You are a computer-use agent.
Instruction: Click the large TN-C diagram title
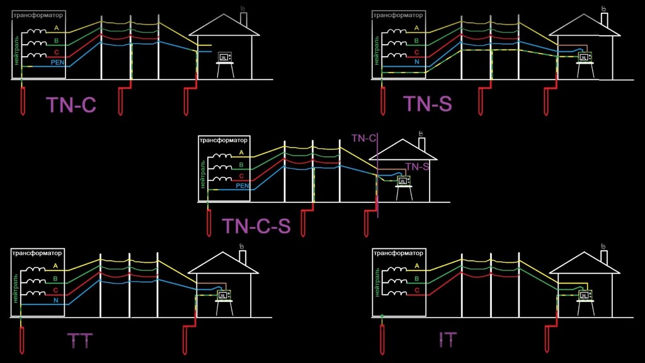71,104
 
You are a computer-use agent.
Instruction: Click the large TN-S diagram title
428,103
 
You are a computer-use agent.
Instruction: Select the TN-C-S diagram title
256,226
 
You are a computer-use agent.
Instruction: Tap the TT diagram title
80,341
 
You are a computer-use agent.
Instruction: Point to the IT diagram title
448,340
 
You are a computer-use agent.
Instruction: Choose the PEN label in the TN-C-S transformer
243,186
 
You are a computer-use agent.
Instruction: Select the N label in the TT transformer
56,301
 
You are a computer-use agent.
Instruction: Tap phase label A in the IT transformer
417,266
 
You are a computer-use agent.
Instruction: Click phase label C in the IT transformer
417,289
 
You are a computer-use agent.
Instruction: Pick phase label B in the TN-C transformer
56,40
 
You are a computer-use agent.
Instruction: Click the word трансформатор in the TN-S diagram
398,14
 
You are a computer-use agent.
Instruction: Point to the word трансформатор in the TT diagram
37,252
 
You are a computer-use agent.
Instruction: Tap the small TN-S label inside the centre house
417,166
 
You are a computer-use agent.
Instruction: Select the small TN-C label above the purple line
364,137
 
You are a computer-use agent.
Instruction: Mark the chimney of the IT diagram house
603,256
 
